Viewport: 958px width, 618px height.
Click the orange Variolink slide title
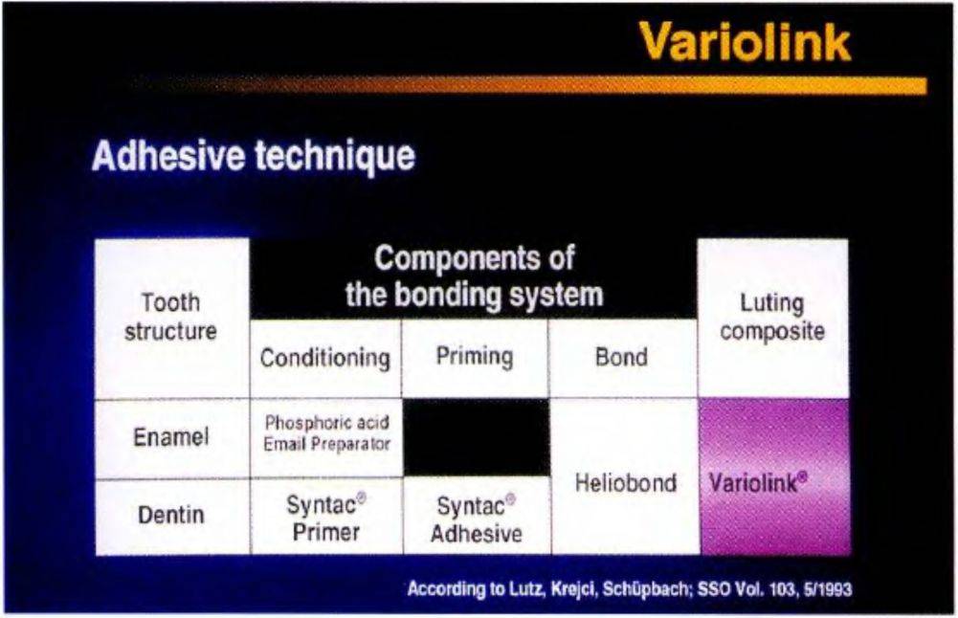point(746,41)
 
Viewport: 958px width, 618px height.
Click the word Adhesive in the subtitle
point(168,155)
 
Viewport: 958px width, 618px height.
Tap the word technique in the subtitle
point(335,156)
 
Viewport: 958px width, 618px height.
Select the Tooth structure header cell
point(171,319)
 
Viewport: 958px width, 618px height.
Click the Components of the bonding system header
point(474,277)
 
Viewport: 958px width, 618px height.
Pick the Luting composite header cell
point(773,319)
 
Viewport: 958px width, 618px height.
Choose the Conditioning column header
point(325,358)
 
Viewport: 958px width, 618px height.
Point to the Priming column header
point(475,358)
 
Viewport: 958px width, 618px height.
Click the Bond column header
point(623,358)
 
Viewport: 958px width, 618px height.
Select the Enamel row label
point(171,437)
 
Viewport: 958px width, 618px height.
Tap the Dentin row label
point(171,516)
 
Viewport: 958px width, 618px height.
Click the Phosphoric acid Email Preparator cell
point(326,437)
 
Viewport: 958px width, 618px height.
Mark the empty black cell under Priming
point(476,437)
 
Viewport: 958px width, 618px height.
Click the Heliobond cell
point(624,477)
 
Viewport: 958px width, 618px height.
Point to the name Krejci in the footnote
point(573,589)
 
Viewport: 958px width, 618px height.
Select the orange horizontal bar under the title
point(528,85)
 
